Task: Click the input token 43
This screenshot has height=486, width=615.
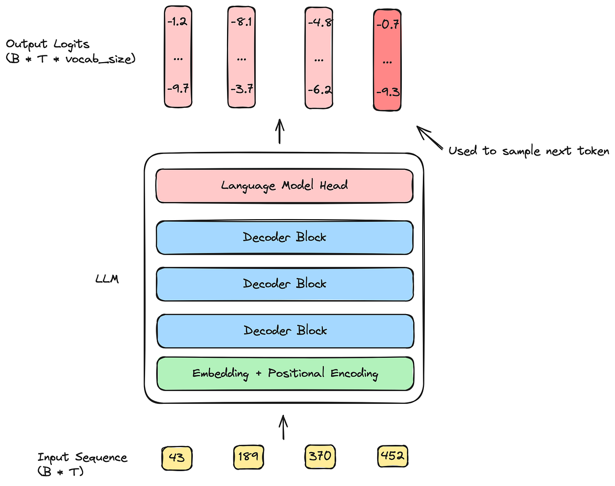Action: point(177,456)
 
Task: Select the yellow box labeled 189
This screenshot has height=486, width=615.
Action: point(249,456)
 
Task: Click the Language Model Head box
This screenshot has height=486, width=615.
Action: point(284,185)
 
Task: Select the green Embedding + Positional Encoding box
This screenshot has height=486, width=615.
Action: point(284,373)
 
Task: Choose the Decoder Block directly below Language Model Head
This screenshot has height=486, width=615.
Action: point(284,237)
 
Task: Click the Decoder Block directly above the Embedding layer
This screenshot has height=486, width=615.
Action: point(284,331)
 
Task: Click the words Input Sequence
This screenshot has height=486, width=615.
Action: point(82,457)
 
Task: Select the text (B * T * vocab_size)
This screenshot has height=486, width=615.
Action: point(70,59)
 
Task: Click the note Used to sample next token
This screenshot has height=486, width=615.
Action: point(528,151)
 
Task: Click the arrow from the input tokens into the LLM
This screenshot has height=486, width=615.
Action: point(282,427)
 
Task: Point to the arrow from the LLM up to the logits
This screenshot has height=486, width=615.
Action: point(280,131)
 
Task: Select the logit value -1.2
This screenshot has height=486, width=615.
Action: point(177,23)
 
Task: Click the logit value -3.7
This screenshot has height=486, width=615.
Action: point(241,89)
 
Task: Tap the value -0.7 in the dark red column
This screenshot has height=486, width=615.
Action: point(387,25)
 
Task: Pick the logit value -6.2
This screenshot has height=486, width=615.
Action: point(319,89)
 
